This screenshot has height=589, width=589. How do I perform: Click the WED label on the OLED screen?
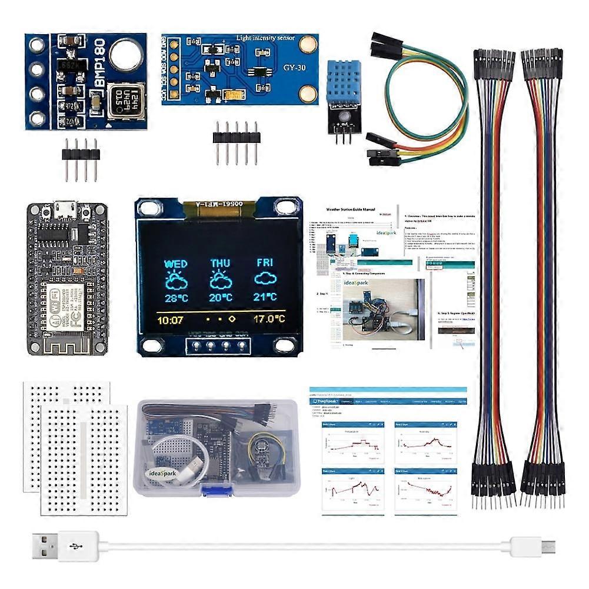pos(176,264)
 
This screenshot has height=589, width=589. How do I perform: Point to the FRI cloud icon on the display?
pos(265,279)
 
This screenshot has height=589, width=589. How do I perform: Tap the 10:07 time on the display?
pos(171,320)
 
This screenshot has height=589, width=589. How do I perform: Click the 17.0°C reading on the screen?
pos(269,320)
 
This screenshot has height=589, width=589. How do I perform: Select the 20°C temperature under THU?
pos(221,298)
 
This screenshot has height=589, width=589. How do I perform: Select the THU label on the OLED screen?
pos(221,264)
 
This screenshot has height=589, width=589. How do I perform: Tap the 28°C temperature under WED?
pos(176,298)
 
